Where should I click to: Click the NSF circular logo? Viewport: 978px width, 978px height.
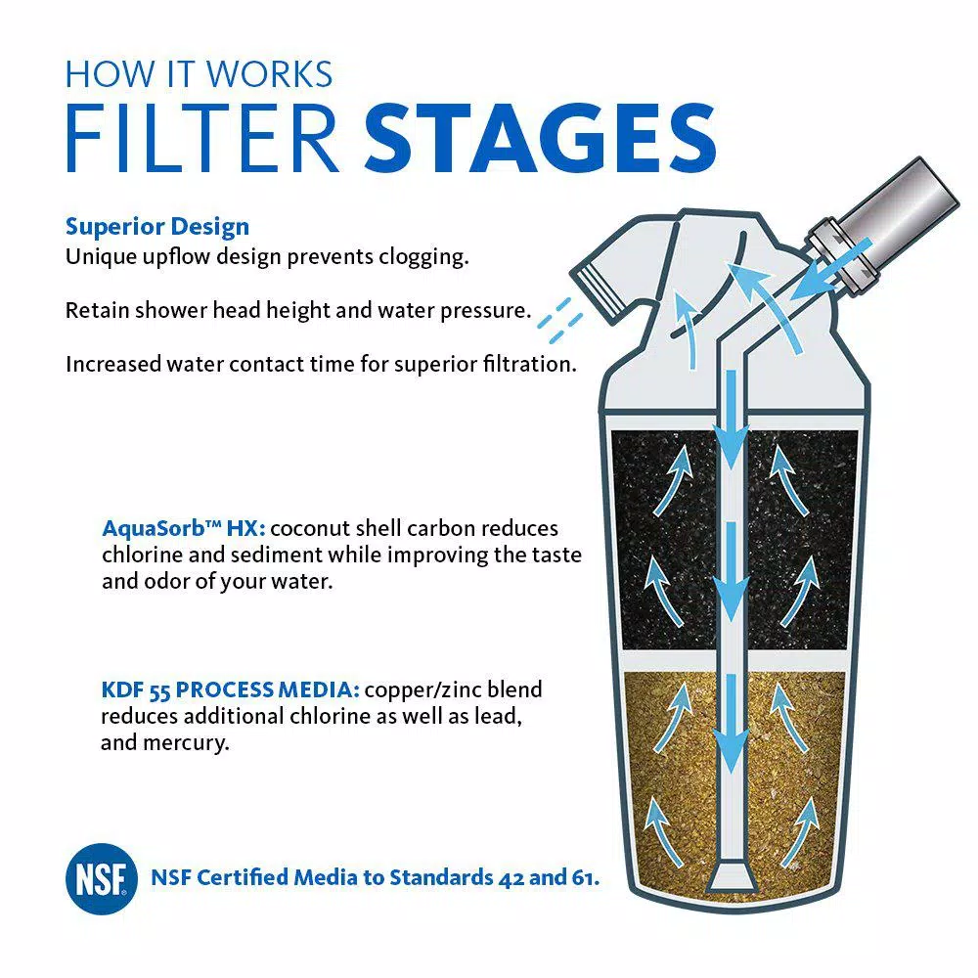(x=101, y=879)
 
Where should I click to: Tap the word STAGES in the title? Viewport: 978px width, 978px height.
(x=540, y=139)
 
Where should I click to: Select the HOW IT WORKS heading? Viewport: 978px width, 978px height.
(x=199, y=74)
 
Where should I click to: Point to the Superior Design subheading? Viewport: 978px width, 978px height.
(x=157, y=227)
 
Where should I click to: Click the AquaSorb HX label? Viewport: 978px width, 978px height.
(x=184, y=528)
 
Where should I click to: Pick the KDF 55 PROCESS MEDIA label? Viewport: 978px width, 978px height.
(x=230, y=689)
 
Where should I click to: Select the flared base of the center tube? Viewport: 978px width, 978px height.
(x=732, y=877)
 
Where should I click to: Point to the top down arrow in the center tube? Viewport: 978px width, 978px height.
(x=732, y=420)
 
